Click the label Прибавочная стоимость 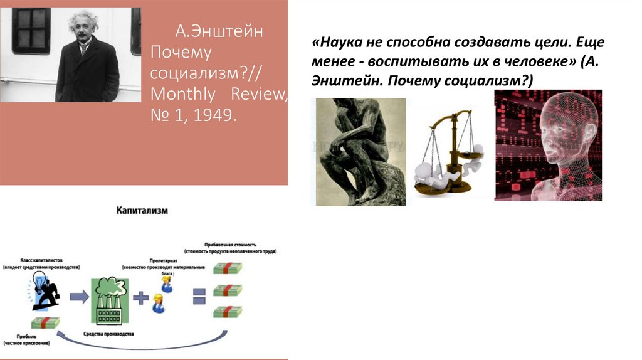point(230,245)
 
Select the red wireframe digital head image point(547,146)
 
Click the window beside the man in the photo point(31,30)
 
